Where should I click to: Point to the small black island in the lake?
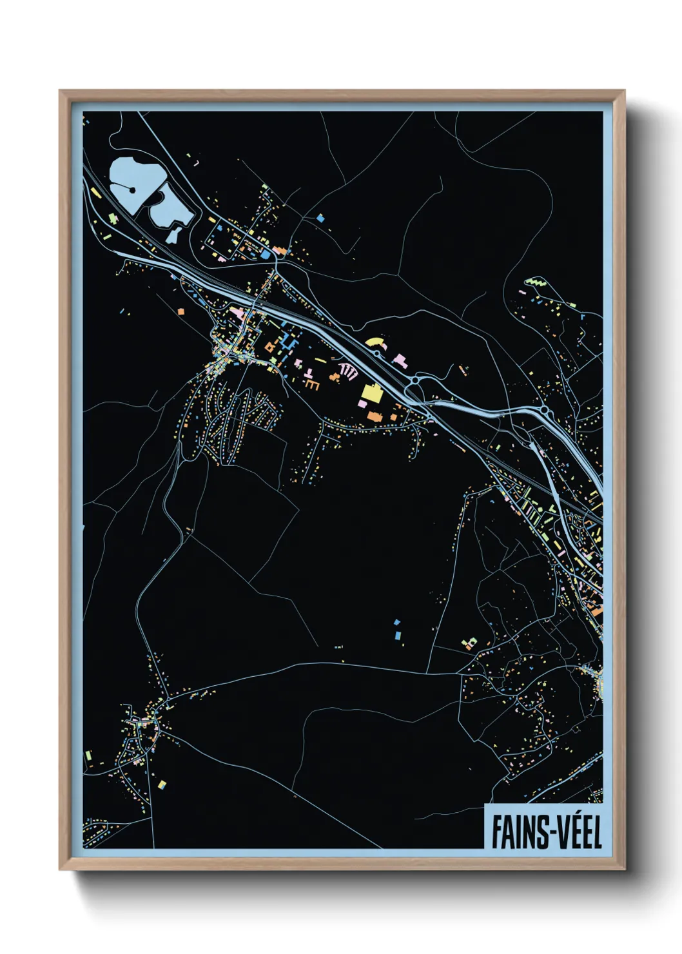tap(132, 190)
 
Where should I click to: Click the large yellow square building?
tap(371, 393)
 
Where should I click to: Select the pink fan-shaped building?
tap(347, 371)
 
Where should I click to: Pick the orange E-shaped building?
tap(313, 384)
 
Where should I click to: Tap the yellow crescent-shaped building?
tap(375, 341)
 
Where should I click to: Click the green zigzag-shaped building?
tap(536, 282)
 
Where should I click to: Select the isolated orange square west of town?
tap(181, 311)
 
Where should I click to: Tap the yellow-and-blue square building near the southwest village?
tap(162, 784)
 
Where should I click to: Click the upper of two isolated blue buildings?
tap(396, 623)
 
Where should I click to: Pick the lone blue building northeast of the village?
tap(320, 219)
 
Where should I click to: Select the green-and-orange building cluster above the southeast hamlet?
tap(469, 643)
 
